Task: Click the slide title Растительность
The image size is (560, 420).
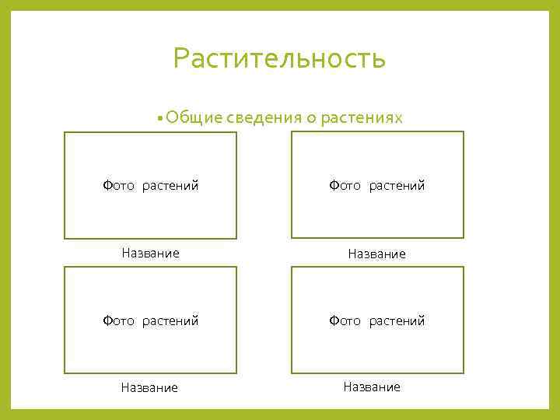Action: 279,58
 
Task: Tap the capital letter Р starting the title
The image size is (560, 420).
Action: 181,58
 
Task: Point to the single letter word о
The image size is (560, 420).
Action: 310,118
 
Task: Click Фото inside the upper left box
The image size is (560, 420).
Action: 119,186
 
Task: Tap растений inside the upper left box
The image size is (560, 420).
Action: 170,186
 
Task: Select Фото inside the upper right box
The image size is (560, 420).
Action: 345,186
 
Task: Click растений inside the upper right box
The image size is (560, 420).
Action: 397,186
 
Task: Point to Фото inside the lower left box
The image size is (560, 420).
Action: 119,320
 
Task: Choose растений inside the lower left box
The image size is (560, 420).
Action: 170,320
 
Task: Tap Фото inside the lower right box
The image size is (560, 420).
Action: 345,320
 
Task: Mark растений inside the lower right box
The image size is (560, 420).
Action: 397,320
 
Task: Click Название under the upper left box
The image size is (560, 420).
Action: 151,253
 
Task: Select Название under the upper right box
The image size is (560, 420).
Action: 377,254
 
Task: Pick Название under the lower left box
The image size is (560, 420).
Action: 149,387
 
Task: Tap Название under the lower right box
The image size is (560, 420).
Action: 372,387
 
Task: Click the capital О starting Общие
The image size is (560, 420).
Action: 172,117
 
